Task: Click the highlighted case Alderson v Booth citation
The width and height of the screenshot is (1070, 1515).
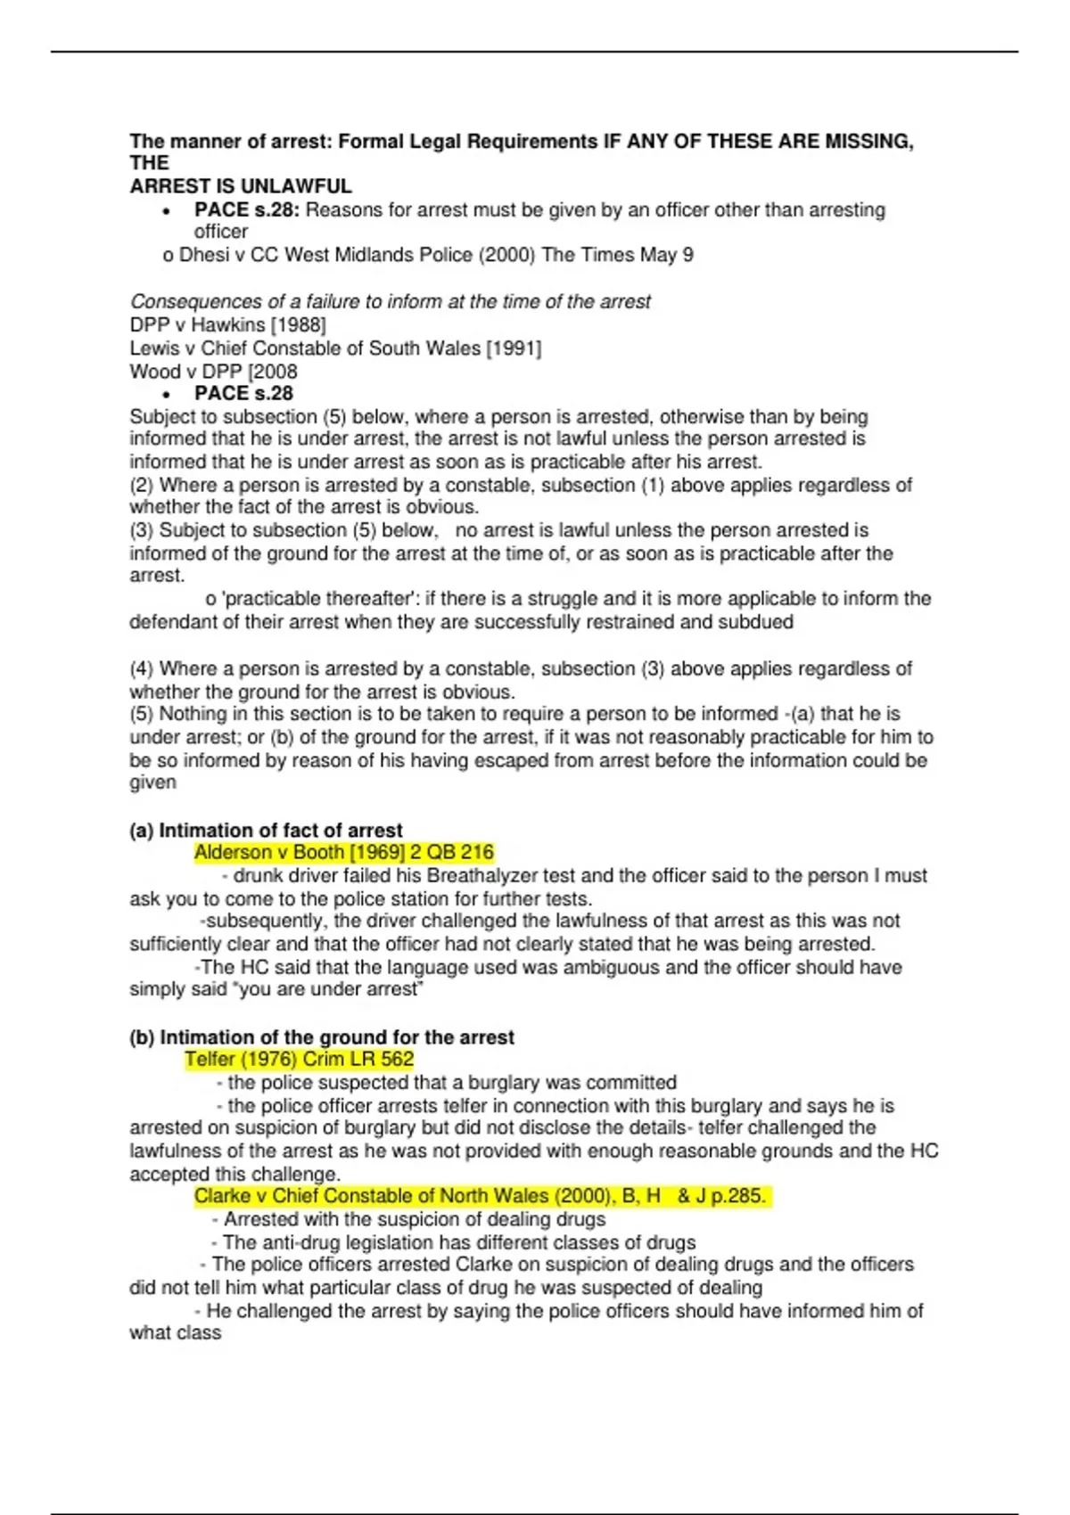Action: pos(343,853)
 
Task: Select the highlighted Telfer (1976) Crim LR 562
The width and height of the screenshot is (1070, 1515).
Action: pos(299,1060)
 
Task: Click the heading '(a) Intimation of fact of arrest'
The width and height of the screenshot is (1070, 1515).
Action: pos(266,831)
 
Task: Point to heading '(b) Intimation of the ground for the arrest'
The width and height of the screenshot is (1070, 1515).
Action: pos(322,1037)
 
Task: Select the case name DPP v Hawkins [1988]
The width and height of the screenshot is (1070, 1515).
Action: pos(227,324)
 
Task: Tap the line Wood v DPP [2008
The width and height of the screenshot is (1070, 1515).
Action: pos(213,372)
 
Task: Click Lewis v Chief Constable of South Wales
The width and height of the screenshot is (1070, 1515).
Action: pos(335,348)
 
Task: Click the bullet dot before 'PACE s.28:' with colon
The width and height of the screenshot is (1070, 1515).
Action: pos(166,211)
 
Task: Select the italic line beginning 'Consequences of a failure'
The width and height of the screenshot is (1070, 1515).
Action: pos(390,301)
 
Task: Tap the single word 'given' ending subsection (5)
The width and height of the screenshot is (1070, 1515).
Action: pos(152,782)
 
